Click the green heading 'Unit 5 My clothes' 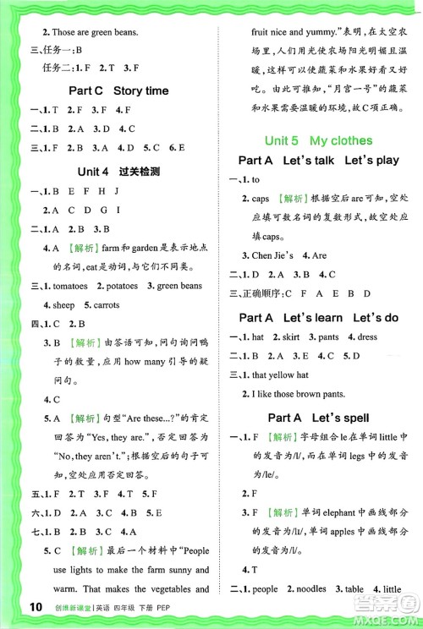tap(318, 140)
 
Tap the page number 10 tap(36, 606)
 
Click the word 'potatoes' tap(127, 286)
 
